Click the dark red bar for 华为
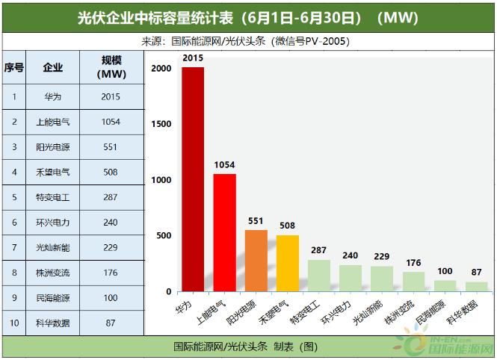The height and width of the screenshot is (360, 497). [193, 179]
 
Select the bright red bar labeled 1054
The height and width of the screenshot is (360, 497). [224, 232]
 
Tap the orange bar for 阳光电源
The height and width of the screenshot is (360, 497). [256, 261]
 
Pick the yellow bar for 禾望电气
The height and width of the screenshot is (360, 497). [287, 263]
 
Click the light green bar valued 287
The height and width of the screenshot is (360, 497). [318, 275]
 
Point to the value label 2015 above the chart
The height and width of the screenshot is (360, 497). [193, 58]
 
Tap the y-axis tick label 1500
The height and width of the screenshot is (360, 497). [160, 124]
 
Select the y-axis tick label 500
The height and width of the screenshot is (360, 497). [163, 236]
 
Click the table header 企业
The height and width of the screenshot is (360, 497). [53, 68]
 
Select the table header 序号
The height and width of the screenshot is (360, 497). [13, 68]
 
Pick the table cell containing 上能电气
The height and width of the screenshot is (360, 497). [53, 122]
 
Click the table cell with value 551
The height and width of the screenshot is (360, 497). [111, 147]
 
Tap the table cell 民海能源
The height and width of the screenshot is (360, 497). [53, 297]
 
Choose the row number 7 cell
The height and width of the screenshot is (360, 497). [13, 247]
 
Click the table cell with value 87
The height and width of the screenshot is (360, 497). [111, 323]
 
